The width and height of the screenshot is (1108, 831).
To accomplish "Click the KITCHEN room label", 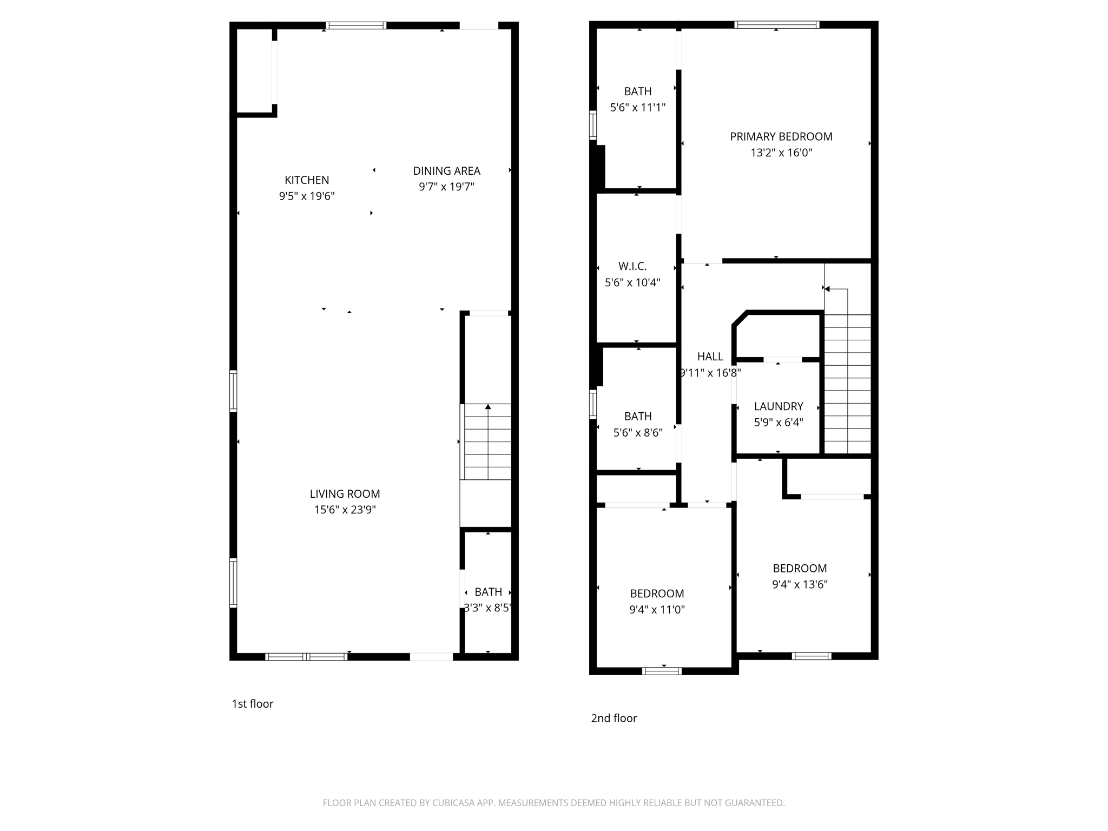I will click(307, 180).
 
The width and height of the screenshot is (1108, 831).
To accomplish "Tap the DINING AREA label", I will click(446, 171).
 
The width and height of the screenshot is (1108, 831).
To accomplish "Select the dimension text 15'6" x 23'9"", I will click(345, 510).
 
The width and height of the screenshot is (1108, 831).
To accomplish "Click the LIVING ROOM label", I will click(345, 494).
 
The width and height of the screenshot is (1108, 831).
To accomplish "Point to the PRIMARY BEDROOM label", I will click(781, 137).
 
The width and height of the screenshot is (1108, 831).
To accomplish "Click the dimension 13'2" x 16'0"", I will click(781, 153).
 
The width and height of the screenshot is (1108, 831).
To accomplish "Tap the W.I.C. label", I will click(632, 266).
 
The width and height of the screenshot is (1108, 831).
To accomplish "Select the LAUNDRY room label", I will click(778, 406).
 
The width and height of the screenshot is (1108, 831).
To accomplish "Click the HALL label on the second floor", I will click(710, 357).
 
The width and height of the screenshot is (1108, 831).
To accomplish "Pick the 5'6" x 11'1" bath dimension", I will click(637, 108).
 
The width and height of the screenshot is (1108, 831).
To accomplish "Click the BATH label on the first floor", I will click(488, 592).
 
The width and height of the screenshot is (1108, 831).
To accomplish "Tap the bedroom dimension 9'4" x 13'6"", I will click(799, 584).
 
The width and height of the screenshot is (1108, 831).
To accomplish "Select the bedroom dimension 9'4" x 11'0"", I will click(657, 610).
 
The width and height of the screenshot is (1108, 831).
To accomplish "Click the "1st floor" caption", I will click(253, 704).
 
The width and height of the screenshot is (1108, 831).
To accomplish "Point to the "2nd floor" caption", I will click(614, 718).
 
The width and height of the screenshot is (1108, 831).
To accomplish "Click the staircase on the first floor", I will click(487, 441).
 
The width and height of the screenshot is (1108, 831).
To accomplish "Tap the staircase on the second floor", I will click(847, 384).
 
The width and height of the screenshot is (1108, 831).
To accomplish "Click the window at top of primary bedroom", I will click(776, 25).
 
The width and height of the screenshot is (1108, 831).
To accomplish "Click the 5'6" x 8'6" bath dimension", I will click(637, 433).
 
